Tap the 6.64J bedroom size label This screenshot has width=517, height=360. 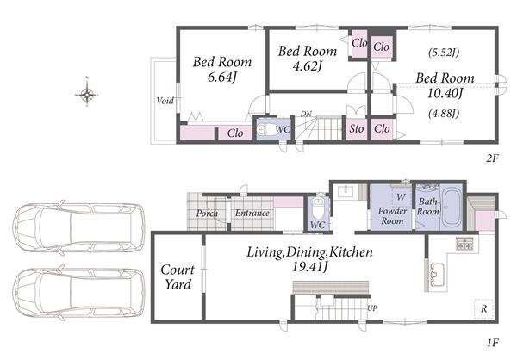pyautogui.click(x=222, y=78)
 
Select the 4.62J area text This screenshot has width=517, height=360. pyautogui.click(x=307, y=66)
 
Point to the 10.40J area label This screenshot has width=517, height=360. pyautogui.click(x=445, y=93)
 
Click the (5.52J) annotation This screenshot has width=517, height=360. pyautogui.click(x=444, y=53)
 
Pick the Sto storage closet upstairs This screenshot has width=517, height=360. pyautogui.click(x=356, y=128)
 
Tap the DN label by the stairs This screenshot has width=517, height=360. pyautogui.click(x=306, y=114)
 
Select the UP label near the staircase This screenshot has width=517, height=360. pyautogui.click(x=372, y=308)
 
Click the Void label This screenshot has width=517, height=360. pyautogui.click(x=165, y=101)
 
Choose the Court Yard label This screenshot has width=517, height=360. pyautogui.click(x=178, y=277)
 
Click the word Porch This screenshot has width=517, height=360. pyautogui.click(x=207, y=214)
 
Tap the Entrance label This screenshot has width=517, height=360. pyautogui.click(x=252, y=213)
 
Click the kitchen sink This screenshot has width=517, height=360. pyautogui.click(x=437, y=275)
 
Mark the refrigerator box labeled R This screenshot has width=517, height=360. pyautogui.click(x=483, y=308)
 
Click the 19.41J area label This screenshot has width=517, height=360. pyautogui.click(x=309, y=267)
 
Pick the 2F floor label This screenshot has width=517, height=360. pyautogui.click(x=492, y=158)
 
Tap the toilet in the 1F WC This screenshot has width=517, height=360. pyautogui.click(x=318, y=208)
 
